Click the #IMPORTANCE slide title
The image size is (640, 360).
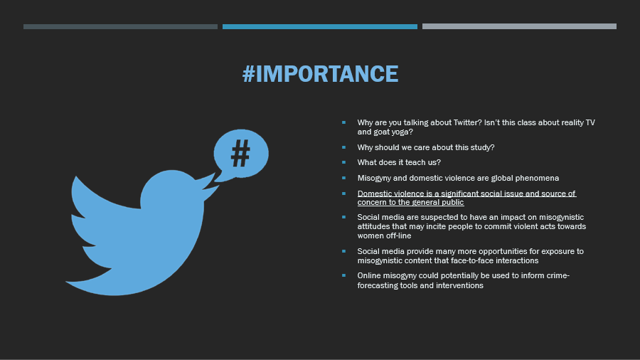pos(320,74)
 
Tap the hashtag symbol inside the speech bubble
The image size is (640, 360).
pos(240,153)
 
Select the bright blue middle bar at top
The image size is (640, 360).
pos(319,26)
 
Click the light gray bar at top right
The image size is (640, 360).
pos(519,26)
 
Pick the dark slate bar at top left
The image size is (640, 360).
pos(120,26)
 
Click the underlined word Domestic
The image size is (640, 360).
pos(373,194)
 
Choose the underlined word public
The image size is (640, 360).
pos(453,203)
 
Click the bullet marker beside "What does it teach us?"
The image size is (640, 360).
pos(343,162)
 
